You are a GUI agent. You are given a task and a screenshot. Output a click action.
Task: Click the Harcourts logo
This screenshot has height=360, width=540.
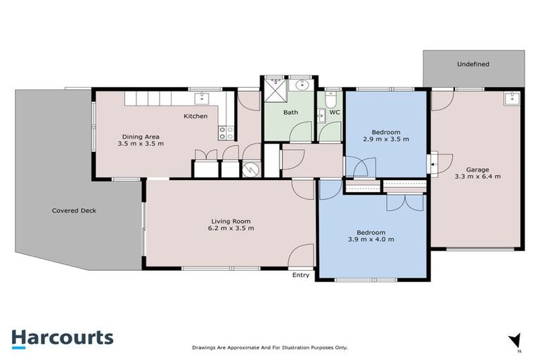tap(62, 338)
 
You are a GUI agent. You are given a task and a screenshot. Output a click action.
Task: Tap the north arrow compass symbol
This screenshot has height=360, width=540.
tap(515, 341)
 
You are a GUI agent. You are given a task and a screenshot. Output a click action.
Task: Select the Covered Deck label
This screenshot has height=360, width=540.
tap(74, 210)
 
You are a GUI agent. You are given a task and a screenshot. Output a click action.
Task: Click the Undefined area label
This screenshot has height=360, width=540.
tap(472, 65)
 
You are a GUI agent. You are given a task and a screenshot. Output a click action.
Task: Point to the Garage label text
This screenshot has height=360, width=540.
tap(477, 169)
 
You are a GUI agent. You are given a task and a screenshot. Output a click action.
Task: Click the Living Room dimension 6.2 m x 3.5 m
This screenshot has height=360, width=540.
tap(231, 229)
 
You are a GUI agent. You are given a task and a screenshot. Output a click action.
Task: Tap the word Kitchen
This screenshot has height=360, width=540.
tap(195, 116)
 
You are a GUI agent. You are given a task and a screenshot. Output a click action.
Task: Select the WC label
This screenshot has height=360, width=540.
tap(335, 112)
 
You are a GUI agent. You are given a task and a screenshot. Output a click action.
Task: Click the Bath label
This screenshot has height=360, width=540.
tap(290, 112)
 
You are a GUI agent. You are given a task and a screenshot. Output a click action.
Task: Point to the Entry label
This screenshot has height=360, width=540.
tap(301, 275)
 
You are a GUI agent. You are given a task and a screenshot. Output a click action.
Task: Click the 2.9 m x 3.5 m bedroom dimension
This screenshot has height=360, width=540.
tap(386, 139)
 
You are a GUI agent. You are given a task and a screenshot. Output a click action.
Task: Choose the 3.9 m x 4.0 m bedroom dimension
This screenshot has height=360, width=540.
tap(371, 240)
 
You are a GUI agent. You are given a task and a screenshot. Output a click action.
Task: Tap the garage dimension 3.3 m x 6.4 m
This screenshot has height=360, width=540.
tap(477, 176)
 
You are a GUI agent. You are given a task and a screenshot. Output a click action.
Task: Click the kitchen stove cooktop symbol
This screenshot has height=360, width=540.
tap(225, 131)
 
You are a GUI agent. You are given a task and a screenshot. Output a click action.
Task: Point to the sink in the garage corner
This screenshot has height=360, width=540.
tap(511, 98)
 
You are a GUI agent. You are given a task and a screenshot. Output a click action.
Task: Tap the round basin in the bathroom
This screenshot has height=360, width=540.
tap(302, 86)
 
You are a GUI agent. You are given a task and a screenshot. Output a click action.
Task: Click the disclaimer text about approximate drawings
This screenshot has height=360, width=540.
tap(270, 347)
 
